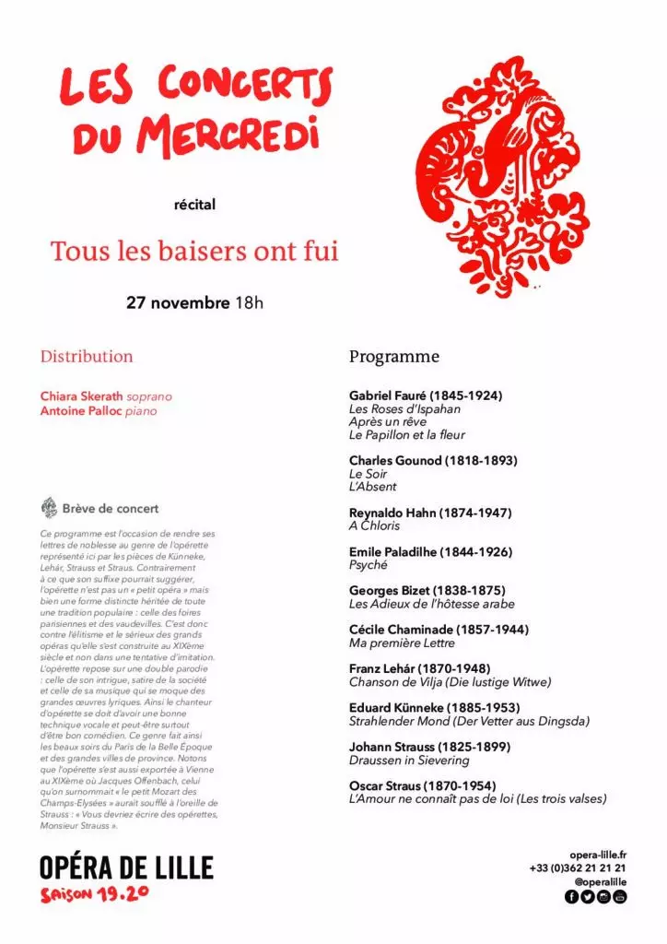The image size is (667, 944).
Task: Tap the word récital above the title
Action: [194, 204]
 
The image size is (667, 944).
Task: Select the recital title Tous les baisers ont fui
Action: [194, 251]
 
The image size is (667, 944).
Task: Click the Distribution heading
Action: [87, 357]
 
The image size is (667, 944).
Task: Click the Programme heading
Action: [394, 357]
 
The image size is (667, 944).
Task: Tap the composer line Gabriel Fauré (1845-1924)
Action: [426, 395]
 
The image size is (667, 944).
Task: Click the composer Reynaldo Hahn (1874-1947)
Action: [430, 513]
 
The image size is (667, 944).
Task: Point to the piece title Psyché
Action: [369, 565]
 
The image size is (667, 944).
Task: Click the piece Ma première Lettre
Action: [402, 643]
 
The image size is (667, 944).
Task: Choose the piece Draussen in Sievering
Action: [409, 761]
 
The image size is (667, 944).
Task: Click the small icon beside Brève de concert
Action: [50, 508]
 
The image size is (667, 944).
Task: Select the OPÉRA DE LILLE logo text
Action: [126, 867]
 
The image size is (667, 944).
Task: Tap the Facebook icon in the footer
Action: [571, 897]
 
